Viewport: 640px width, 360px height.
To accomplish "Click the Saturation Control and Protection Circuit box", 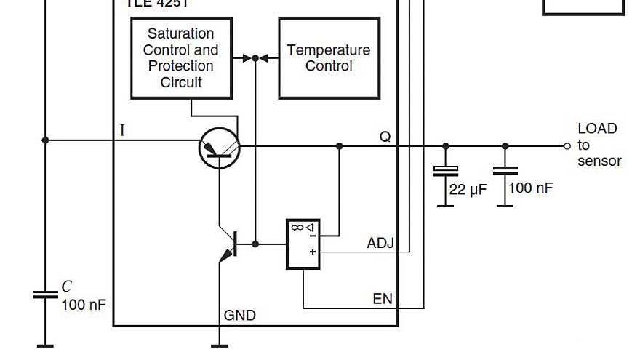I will (181, 58).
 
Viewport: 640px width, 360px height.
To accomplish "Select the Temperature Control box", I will (329, 58).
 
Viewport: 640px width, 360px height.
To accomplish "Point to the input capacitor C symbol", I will (45, 295).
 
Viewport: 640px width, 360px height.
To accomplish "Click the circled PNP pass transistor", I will (219, 148).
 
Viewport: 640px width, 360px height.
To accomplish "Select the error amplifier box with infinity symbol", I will (303, 244).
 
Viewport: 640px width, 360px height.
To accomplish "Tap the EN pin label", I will (383, 299).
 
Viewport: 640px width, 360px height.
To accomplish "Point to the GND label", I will (239, 316).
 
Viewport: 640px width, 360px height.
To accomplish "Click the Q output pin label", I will (385, 136).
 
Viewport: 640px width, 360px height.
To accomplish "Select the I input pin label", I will (122, 131).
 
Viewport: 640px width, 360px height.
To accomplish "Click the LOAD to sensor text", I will (599, 145).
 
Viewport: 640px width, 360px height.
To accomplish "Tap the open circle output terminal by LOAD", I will (567, 146).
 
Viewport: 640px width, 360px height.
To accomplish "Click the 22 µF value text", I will (468, 191).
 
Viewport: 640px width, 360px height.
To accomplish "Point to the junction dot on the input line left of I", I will (45, 140).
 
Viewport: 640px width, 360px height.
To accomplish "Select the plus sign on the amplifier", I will (312, 252).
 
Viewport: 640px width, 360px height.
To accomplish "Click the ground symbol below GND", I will (219, 345).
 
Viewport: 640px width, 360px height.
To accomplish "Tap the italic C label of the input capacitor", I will (66, 287).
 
